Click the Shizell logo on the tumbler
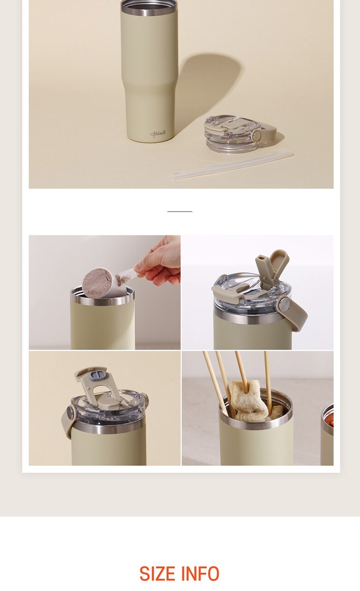tap(158, 133)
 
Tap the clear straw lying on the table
tap(233, 165)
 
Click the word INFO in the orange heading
tap(200, 573)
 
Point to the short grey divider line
tap(180, 211)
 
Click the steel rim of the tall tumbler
tap(149, 6)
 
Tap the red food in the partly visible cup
tap(330, 419)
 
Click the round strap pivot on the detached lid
tap(256, 136)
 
